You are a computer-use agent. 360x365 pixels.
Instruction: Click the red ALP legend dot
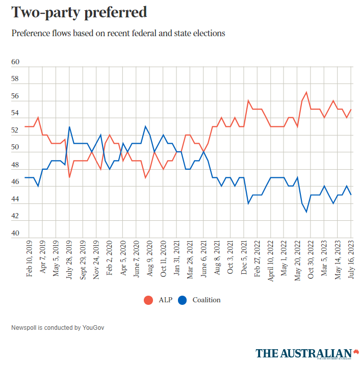(148, 300)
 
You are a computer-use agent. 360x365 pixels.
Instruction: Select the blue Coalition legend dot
(183, 300)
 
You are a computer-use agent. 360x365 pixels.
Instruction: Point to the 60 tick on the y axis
(15, 62)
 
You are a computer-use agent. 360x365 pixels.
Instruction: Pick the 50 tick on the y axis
(15, 148)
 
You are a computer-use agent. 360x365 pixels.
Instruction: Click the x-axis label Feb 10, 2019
(29, 259)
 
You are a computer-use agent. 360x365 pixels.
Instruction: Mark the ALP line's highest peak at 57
(306, 92)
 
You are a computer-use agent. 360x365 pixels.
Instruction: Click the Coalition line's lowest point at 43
(306, 212)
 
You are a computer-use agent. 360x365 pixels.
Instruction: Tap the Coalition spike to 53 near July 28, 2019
(69, 127)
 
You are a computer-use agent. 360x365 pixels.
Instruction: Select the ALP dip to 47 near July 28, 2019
(69, 177)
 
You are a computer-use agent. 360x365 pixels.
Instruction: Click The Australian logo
(304, 353)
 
